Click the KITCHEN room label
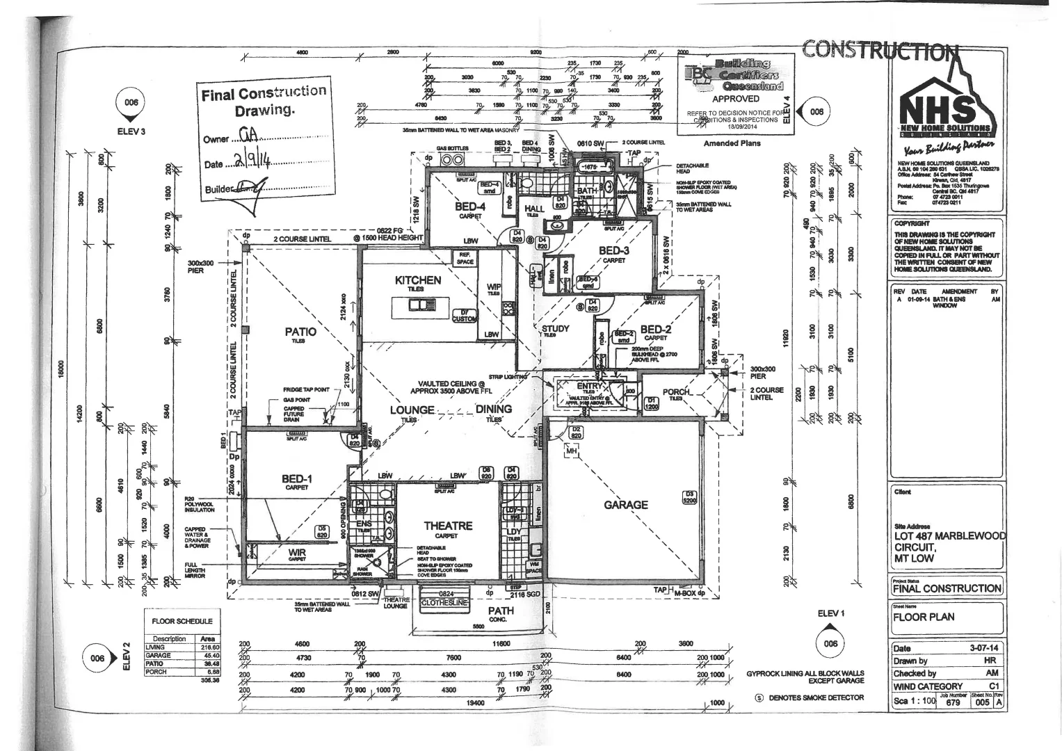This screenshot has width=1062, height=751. tap(418, 280)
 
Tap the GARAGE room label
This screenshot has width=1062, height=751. tap(626, 505)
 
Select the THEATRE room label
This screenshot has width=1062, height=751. tap(448, 526)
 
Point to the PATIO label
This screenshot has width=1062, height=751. tap(300, 332)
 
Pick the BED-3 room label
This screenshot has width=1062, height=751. tap(614, 251)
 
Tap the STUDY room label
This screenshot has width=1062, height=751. tap(555, 328)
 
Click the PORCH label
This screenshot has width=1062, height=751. tap(676, 392)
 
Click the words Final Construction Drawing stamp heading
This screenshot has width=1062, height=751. tap(264, 101)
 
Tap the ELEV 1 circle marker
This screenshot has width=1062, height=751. tap(830, 643)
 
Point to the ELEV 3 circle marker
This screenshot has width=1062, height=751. tap(131, 102)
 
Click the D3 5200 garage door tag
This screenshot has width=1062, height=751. tap(689, 497)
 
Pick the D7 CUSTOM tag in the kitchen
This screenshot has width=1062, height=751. tap(464, 316)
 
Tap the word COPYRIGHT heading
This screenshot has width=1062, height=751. tap(912, 224)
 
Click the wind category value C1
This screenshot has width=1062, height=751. tap(993, 686)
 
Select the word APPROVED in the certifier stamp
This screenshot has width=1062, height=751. tap(736, 99)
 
